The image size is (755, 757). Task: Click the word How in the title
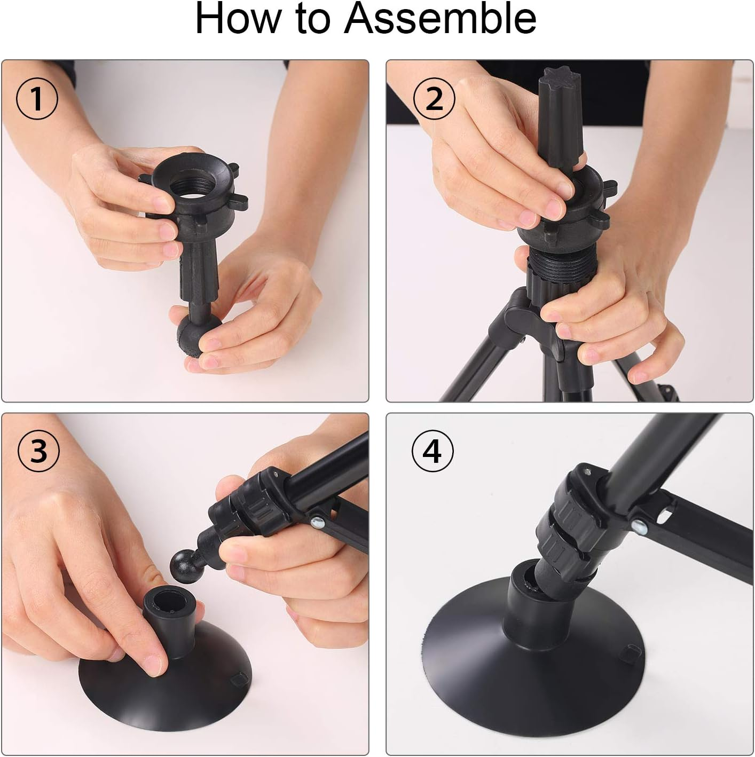coord(237,19)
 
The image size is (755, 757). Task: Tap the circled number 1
coord(37,99)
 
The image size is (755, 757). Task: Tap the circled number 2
coord(434,99)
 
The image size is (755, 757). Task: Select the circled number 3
coord(38,452)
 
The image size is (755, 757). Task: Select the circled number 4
coord(432,452)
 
